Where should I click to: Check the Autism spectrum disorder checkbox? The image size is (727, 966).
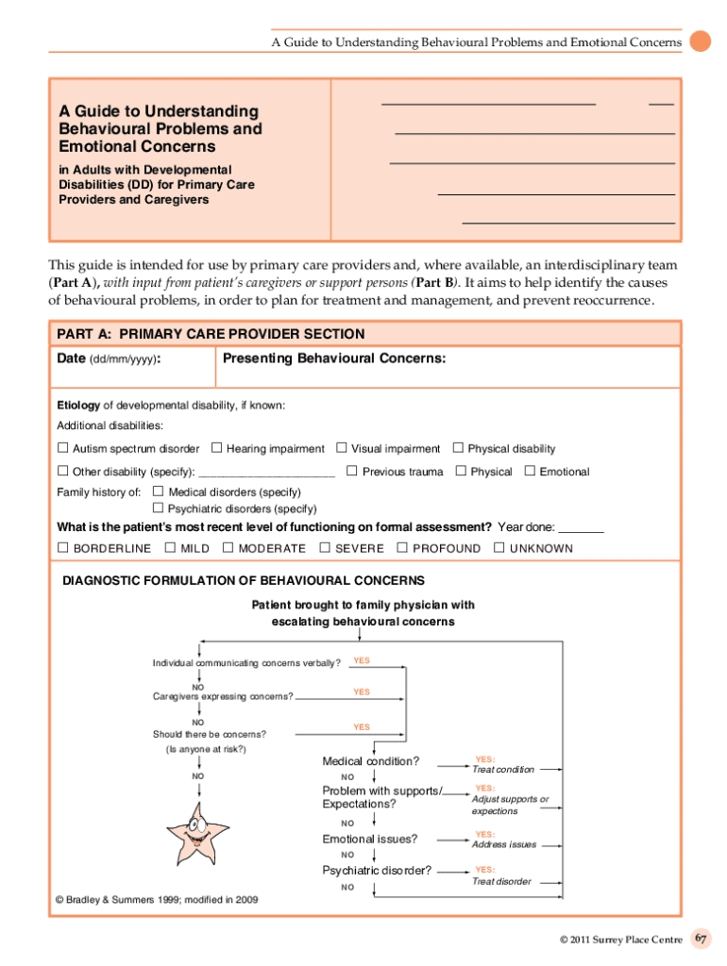pos(63,448)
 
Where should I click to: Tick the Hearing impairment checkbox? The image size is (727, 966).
pos(216,448)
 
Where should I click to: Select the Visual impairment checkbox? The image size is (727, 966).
pos(342,448)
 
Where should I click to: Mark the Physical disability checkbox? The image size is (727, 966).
pos(459,448)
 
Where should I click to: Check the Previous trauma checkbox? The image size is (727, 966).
pos(351,471)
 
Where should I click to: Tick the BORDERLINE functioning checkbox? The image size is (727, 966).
pos(63,547)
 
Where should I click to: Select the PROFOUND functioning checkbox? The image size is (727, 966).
pos(402,547)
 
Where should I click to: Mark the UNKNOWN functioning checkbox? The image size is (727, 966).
pos(499,547)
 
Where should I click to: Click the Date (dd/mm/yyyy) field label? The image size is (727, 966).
pos(109,359)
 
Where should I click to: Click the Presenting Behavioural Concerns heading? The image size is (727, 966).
pos(334,358)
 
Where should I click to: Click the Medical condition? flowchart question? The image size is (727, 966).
pos(371,761)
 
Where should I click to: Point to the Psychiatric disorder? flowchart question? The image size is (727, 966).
pos(377,870)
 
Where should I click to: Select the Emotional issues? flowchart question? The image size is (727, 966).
pos(370,839)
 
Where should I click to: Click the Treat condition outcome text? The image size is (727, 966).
pos(503,769)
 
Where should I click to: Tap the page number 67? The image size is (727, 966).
pos(701,939)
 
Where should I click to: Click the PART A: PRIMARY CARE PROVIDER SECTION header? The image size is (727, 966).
pos(211,334)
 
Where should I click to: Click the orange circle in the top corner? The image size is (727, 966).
pos(700,42)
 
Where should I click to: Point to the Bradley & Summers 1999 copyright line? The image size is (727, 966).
pos(156,899)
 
